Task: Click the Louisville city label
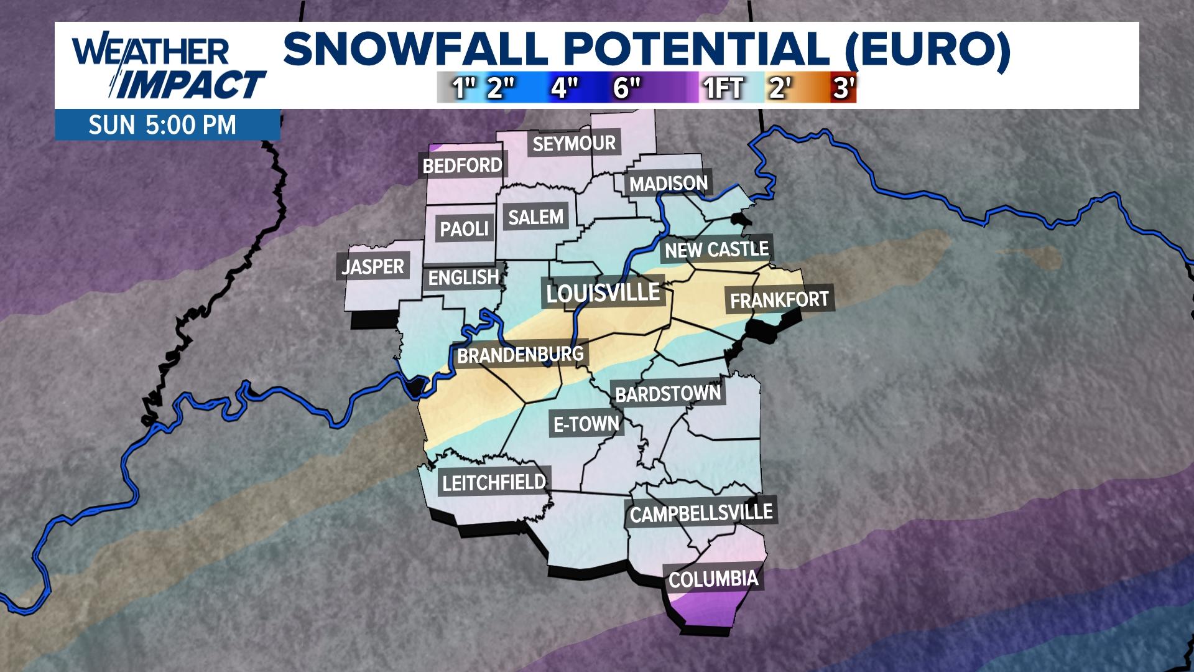(603, 292)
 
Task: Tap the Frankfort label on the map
(779, 301)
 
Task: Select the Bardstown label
(668, 394)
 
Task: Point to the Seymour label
(574, 144)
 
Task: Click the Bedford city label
(462, 166)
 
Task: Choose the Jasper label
(373, 267)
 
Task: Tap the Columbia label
(713, 579)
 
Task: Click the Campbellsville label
(701, 513)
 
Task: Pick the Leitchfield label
(494, 482)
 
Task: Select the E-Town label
(586, 424)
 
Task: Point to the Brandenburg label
(521, 355)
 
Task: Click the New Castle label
(716, 250)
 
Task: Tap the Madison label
(669, 184)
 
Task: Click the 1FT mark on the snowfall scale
(724, 88)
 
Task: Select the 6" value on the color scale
(627, 88)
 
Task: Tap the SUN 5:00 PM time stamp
(162, 126)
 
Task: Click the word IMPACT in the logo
(191, 85)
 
